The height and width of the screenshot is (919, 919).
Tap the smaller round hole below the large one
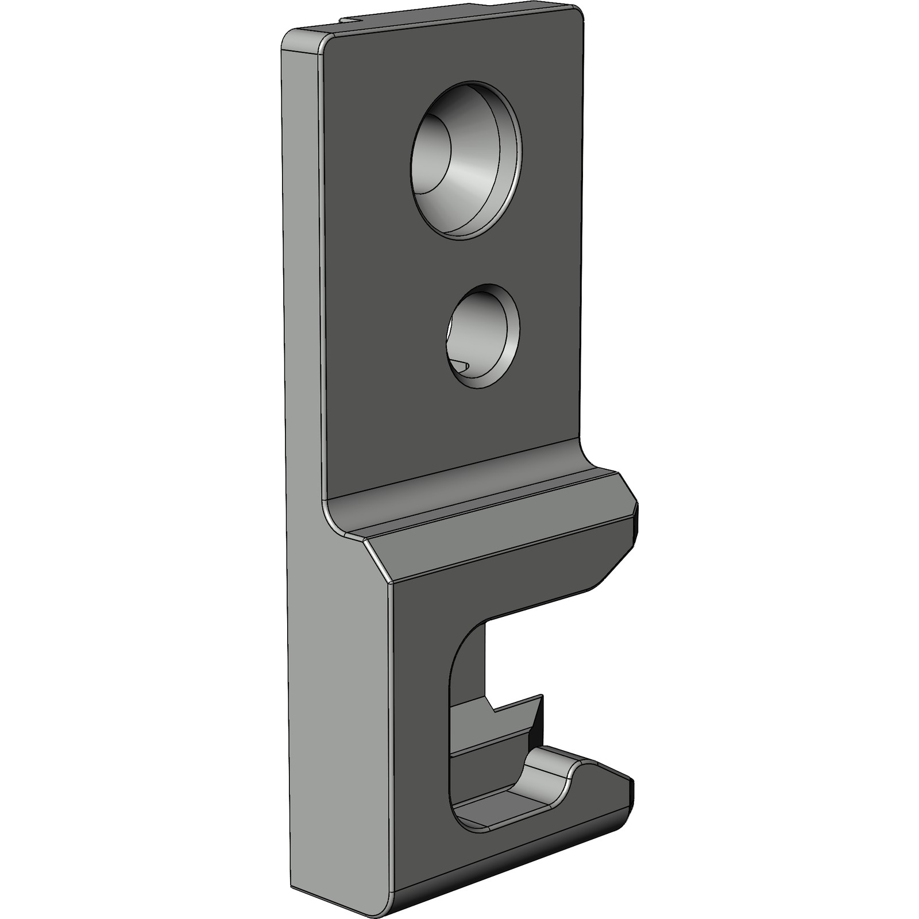[x=482, y=336]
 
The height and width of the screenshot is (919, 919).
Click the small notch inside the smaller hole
[x=461, y=365]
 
